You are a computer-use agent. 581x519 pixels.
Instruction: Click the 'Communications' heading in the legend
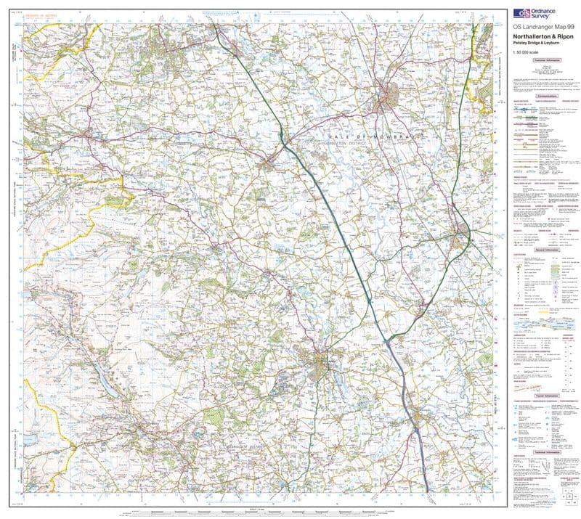tap(545, 96)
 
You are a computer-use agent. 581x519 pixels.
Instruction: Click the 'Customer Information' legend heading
tap(545, 62)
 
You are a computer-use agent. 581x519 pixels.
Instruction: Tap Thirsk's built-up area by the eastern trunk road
tap(462, 236)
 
